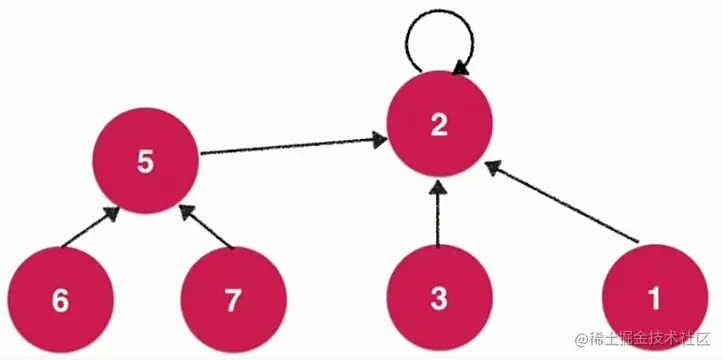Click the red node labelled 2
click(x=438, y=126)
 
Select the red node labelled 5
click(x=145, y=162)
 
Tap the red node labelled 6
click(x=60, y=298)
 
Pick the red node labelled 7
click(x=233, y=298)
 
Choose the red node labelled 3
click(x=438, y=298)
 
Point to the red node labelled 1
click(x=655, y=298)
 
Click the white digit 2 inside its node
click(x=438, y=125)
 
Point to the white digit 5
click(x=145, y=162)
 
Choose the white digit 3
click(x=438, y=298)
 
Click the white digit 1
click(x=655, y=298)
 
